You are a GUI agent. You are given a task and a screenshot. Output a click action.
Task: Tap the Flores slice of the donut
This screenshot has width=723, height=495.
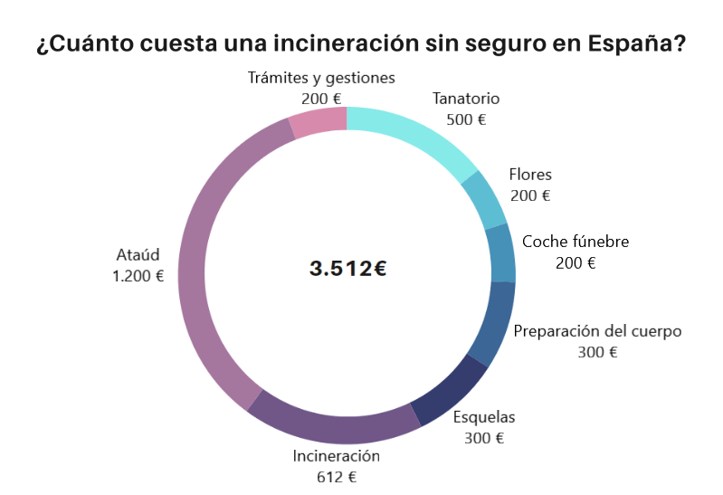coord(483,198)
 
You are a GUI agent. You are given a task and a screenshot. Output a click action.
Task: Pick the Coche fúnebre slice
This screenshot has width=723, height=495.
coord(500,253)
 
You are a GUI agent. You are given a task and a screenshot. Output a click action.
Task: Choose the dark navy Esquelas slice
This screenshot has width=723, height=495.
coord(450,390)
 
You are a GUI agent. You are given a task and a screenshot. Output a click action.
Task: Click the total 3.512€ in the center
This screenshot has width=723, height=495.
coord(347,269)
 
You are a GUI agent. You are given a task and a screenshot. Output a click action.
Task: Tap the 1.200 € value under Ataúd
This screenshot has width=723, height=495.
coord(138,276)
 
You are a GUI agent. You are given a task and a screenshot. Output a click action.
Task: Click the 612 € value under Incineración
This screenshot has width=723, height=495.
coord(336,477)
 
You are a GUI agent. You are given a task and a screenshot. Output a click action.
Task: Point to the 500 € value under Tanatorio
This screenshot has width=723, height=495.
coord(466,119)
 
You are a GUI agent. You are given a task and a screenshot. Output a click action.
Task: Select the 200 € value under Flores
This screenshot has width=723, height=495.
coord(529,195)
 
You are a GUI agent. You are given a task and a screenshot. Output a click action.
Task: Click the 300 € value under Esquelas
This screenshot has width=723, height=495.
coord(483,438)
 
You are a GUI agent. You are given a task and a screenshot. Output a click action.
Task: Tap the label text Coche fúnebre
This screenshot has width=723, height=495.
coord(576,242)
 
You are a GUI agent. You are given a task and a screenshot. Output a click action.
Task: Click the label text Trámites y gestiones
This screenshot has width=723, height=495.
coord(321,78)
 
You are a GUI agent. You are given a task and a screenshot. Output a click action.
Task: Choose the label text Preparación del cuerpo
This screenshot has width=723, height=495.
coord(597,331)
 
